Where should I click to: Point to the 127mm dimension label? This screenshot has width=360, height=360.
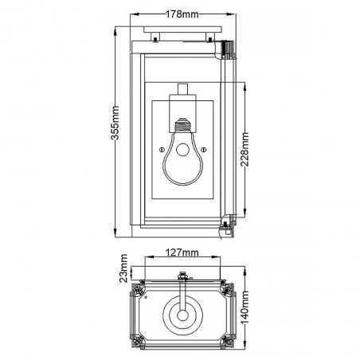[x=184, y=253]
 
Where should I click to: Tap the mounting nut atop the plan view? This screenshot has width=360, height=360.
[x=184, y=276]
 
